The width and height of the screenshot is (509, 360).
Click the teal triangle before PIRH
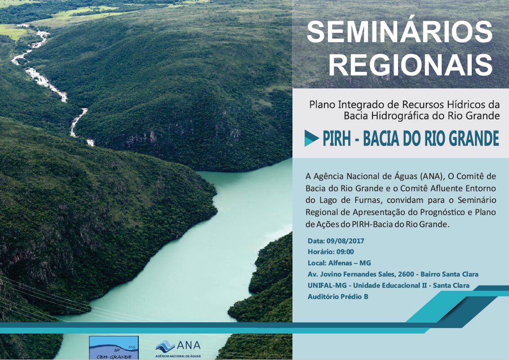[311, 138]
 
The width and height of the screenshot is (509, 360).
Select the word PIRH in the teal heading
[336, 139]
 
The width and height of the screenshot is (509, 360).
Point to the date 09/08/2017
[345, 241]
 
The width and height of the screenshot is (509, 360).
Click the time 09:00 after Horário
[345, 252]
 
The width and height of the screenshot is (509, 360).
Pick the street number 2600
[406, 274]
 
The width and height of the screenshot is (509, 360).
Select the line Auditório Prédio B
[338, 296]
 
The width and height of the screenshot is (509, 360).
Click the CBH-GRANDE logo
[114, 348]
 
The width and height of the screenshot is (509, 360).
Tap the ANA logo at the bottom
[178, 349]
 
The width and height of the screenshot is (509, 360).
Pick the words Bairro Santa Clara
[449, 274]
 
